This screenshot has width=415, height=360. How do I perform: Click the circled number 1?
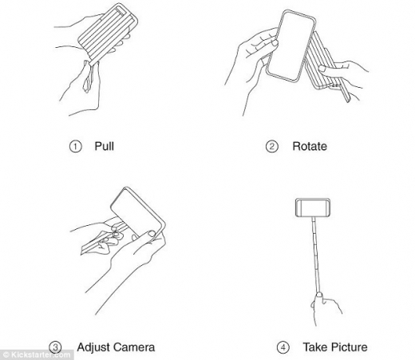click(x=75, y=147)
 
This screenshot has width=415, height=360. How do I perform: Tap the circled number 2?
click(x=272, y=147)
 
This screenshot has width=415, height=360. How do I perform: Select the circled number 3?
click(x=55, y=347)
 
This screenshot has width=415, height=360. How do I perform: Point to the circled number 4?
click(x=283, y=347)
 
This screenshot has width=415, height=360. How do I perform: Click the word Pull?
click(x=105, y=146)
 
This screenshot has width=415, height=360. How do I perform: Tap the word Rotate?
click(x=310, y=146)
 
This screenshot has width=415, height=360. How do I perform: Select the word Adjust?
click(x=93, y=347)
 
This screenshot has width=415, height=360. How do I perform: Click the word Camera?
click(x=134, y=347)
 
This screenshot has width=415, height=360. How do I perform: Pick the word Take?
click(x=315, y=347)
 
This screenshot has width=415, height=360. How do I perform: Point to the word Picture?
click(x=350, y=347)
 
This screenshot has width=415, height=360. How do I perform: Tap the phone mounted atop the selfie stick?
click(x=313, y=208)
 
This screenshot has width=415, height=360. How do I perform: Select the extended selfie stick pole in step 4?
click(x=316, y=255)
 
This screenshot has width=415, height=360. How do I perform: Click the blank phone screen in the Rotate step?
click(x=291, y=45)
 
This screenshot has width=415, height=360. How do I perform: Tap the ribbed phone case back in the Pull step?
click(x=108, y=34)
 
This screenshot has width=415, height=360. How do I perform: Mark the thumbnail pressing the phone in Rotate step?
click(x=275, y=42)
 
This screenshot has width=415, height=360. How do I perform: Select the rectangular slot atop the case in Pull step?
click(x=123, y=11)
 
